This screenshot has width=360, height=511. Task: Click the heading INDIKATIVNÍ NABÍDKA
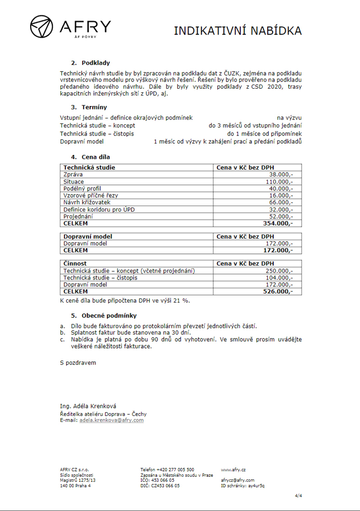coord(238,31)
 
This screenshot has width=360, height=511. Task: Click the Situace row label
coord(74,181)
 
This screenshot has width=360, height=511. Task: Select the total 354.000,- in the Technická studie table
coord(278,223)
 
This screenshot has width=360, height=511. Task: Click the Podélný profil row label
coord(82,188)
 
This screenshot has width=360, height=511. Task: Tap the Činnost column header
coord(75,263)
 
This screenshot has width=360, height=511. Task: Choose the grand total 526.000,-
coord(278,292)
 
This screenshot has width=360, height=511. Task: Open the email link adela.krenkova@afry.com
coord(112,420)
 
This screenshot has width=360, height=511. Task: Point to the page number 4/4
coord(298,496)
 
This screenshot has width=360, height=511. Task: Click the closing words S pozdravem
coord(78,362)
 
